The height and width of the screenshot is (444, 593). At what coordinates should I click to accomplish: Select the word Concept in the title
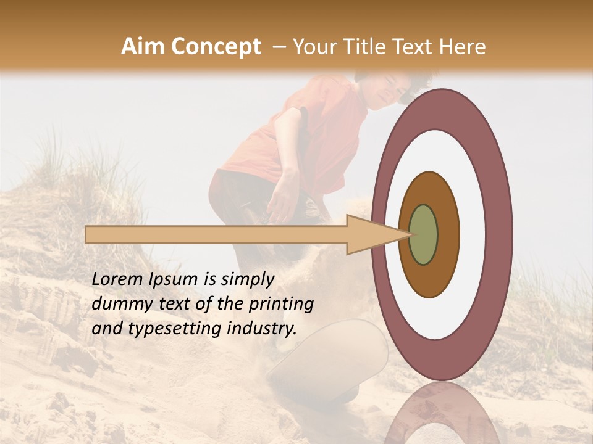(216, 47)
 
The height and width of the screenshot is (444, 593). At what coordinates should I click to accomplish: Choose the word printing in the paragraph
(281, 305)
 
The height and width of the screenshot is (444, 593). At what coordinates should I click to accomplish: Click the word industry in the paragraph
(263, 329)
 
